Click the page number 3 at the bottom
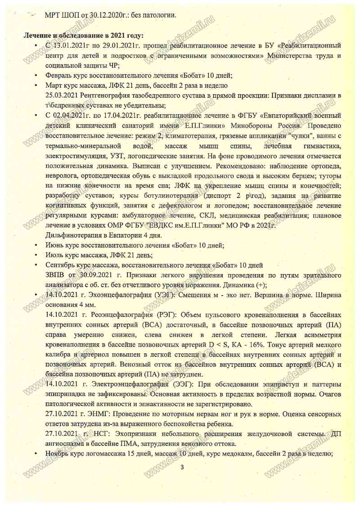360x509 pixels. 182,468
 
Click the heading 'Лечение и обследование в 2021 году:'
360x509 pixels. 84,35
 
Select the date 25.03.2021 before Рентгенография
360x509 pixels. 62,95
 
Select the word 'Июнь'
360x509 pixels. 55,246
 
